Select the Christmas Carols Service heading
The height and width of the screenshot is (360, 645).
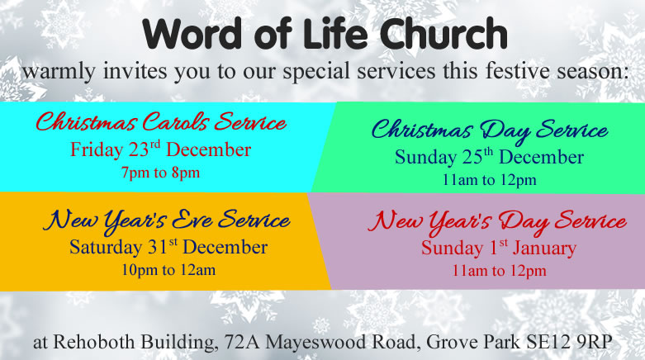[160, 121]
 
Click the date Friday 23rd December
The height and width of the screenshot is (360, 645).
[160, 149]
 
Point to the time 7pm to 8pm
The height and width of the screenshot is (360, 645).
[160, 173]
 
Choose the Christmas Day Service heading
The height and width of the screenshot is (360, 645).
[490, 130]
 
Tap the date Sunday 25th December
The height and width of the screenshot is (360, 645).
[489, 157]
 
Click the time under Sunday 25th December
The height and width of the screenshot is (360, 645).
[489, 180]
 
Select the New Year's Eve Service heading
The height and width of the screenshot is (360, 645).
[167, 221]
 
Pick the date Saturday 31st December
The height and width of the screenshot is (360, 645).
[168, 247]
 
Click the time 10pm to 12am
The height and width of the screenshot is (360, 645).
[168, 270]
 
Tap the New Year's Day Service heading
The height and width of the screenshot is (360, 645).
[497, 222]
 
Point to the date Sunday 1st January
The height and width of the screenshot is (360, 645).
[499, 248]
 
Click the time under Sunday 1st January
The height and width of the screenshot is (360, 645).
[500, 271]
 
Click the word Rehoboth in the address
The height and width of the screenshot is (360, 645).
[94, 342]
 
